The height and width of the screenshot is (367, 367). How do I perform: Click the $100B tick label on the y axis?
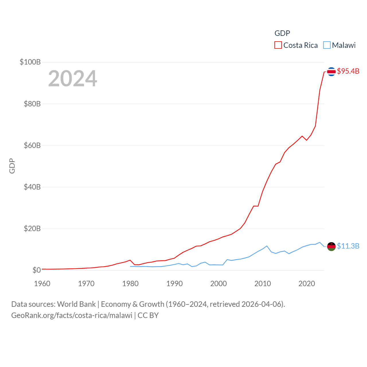(30, 62)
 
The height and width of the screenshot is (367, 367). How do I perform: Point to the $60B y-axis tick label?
(32, 145)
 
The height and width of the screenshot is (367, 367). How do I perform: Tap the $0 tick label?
(36, 270)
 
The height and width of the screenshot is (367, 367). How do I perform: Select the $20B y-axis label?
(32, 229)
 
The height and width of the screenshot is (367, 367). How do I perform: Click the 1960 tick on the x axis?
(42, 284)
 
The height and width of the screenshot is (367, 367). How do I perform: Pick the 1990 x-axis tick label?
(174, 284)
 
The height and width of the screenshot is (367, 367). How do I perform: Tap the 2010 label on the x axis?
(263, 284)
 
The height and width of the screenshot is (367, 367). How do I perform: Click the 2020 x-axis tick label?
(307, 284)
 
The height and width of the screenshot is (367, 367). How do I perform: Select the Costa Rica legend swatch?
(278, 45)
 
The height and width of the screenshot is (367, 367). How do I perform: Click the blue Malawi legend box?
(327, 45)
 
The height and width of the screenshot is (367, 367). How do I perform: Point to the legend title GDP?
(282, 33)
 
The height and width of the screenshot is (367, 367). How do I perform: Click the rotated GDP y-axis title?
(12, 166)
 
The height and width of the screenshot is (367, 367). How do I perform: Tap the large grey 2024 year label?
(73, 79)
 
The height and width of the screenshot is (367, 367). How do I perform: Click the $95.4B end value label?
(348, 71)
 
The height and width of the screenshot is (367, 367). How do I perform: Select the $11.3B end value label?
(348, 246)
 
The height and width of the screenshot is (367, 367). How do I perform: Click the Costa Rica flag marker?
(331, 72)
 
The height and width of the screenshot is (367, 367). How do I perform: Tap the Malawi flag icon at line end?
(331, 246)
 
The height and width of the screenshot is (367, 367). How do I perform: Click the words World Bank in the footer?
(77, 304)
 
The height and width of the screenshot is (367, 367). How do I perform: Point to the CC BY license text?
(148, 315)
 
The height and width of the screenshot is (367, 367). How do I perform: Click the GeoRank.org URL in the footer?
(72, 315)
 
